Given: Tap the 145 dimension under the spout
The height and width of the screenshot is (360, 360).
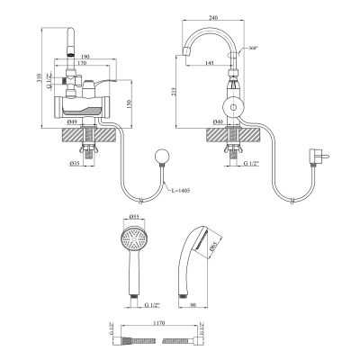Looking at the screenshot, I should [211, 63].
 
